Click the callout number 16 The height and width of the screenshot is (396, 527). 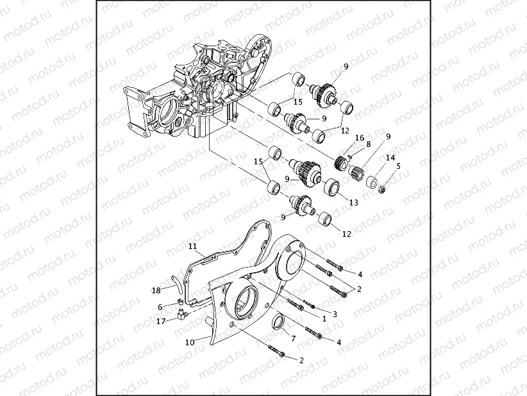[359, 137]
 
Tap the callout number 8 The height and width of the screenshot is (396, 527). [369, 144]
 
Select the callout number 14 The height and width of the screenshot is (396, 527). [390, 157]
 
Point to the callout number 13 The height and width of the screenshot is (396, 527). [353, 203]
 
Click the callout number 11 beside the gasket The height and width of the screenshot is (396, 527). [192, 246]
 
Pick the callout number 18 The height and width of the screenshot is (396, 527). [156, 290]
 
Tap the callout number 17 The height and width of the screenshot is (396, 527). [161, 322]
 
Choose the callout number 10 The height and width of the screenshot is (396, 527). [190, 343]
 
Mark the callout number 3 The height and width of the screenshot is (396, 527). [335, 314]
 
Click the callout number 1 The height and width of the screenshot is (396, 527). [324, 318]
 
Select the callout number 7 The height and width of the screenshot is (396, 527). [294, 338]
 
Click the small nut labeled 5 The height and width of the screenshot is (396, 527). [381, 189]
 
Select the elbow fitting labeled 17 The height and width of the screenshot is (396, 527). [182, 314]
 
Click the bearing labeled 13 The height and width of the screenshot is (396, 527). [331, 188]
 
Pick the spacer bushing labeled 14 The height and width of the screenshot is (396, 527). [372, 182]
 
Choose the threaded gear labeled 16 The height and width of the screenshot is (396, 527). [341, 162]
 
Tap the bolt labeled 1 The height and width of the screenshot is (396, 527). [295, 304]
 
